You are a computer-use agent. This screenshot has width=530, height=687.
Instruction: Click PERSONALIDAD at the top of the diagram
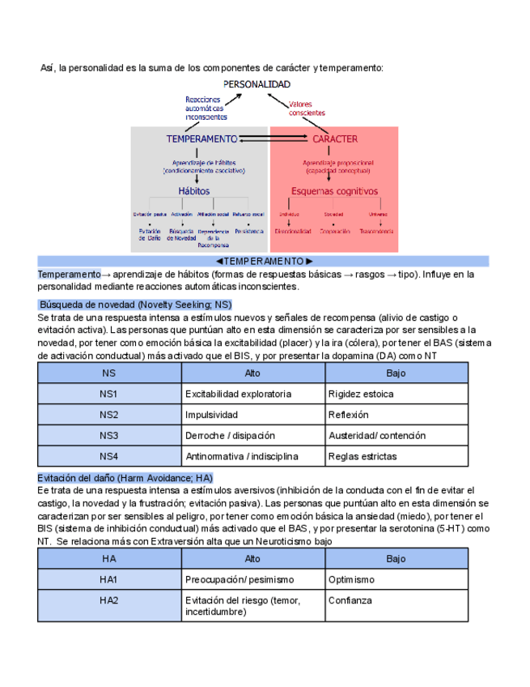(x=257, y=83)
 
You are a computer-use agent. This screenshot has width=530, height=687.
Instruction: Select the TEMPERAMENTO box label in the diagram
(x=201, y=139)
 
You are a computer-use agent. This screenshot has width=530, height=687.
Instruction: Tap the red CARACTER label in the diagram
(x=335, y=139)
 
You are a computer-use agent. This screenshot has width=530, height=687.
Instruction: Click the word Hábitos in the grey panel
(x=193, y=190)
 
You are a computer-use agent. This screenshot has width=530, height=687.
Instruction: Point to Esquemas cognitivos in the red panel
(x=334, y=191)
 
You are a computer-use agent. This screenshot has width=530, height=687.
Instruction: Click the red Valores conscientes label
(x=307, y=109)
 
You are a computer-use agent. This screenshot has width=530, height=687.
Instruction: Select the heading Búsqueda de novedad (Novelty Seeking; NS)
(x=135, y=305)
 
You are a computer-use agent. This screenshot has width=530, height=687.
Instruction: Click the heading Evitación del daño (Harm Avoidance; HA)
(x=125, y=478)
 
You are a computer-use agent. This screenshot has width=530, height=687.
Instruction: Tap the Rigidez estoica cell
(x=361, y=394)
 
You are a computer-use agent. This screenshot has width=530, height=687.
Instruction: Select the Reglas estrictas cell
(x=363, y=456)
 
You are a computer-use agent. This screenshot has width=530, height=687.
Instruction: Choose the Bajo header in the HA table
(x=396, y=559)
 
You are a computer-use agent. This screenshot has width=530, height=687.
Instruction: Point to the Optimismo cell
(x=352, y=580)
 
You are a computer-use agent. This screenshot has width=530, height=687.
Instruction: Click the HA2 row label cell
(x=109, y=600)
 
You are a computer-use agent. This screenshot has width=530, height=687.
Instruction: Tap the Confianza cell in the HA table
(x=350, y=600)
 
